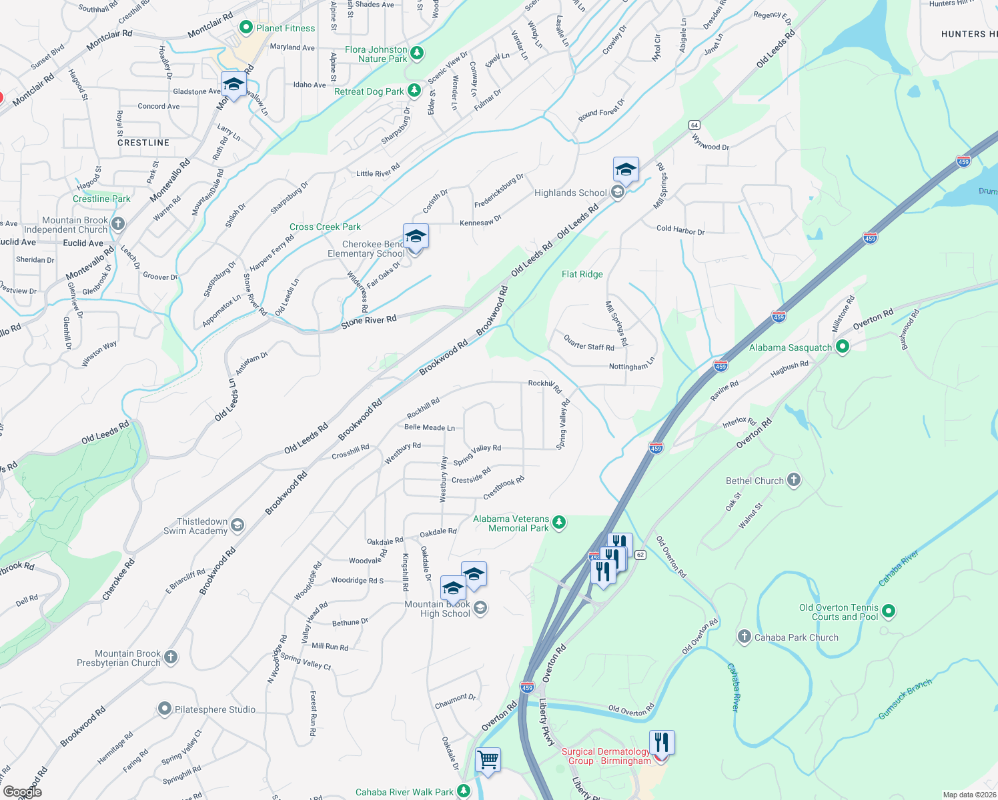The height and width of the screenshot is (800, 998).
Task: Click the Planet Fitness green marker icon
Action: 245,27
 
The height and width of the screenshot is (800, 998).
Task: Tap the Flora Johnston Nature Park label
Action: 376,54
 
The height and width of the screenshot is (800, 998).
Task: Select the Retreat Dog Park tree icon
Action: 414,90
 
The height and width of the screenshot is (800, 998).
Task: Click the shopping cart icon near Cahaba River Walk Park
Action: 488,760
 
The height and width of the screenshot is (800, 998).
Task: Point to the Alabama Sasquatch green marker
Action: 842,346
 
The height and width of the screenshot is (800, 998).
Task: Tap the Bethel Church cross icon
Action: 793,479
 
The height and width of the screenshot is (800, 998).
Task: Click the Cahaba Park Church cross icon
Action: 744,637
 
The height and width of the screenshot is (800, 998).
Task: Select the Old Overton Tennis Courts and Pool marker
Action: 888,611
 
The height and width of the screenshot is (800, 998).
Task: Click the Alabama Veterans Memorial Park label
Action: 511,523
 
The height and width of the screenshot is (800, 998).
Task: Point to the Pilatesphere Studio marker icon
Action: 165,709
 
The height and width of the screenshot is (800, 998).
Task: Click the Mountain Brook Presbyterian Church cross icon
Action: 171,657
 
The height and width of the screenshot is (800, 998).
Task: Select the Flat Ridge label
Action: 582,274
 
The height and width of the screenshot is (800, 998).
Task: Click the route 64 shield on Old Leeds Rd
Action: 694,125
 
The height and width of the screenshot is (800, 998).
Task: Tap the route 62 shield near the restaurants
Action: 640,555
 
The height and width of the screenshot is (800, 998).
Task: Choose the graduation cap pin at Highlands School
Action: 626,170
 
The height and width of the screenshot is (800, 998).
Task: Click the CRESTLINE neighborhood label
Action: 143,143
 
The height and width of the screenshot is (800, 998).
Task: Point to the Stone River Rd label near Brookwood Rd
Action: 368,321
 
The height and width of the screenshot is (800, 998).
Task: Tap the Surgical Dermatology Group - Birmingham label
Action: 606,756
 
